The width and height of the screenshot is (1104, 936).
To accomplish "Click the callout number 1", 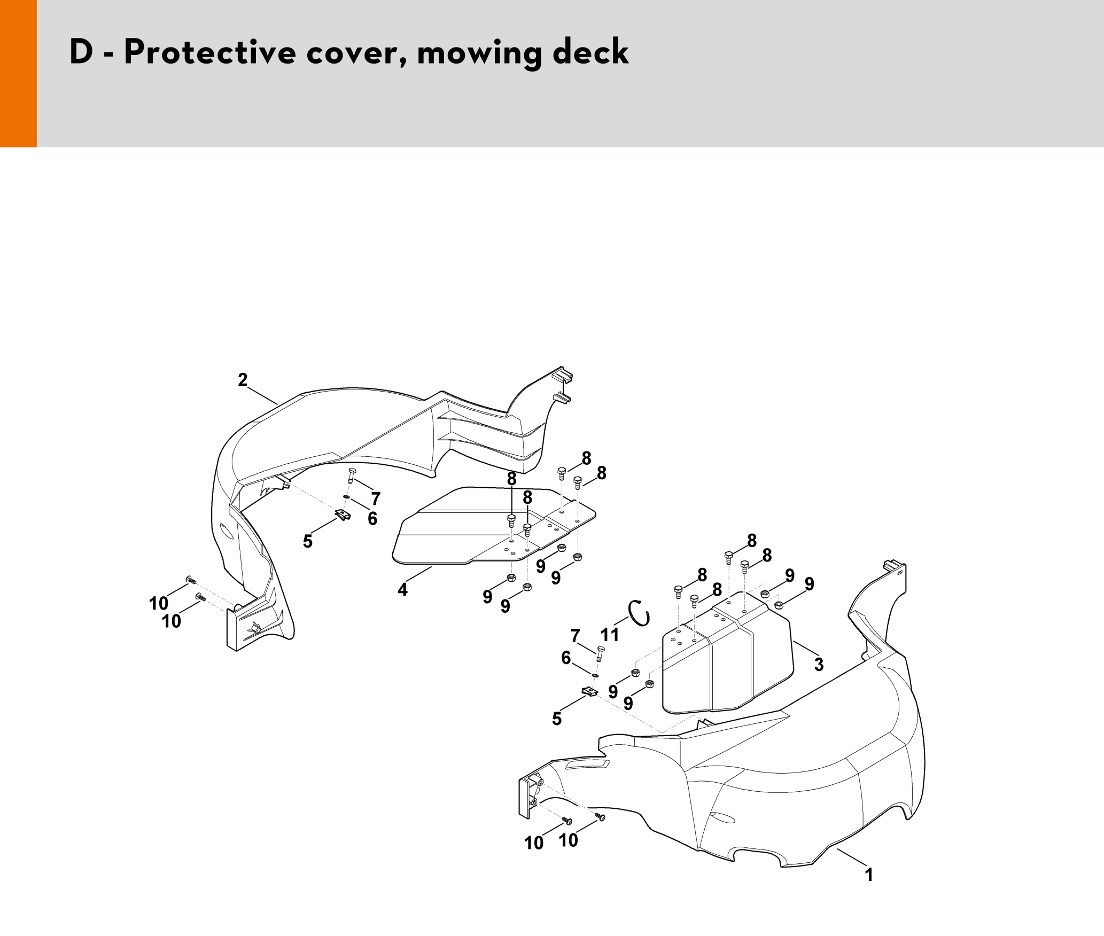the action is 869,875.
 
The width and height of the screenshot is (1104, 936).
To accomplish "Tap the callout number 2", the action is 243,380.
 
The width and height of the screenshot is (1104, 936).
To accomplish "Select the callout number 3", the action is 819,665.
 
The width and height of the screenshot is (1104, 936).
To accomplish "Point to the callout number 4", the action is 402,590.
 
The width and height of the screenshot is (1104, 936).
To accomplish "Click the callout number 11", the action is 610,635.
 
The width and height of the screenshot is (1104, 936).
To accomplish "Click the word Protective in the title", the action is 210,52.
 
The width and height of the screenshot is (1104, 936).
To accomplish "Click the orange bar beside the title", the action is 18,73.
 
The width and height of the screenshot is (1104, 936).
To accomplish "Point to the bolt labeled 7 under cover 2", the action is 352,475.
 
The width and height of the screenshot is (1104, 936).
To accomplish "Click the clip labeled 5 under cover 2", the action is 343,515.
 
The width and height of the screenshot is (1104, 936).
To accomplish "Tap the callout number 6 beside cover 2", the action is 372,519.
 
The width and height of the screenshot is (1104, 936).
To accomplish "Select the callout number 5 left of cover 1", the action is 557,719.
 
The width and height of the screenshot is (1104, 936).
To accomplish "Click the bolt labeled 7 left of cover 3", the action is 600,653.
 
